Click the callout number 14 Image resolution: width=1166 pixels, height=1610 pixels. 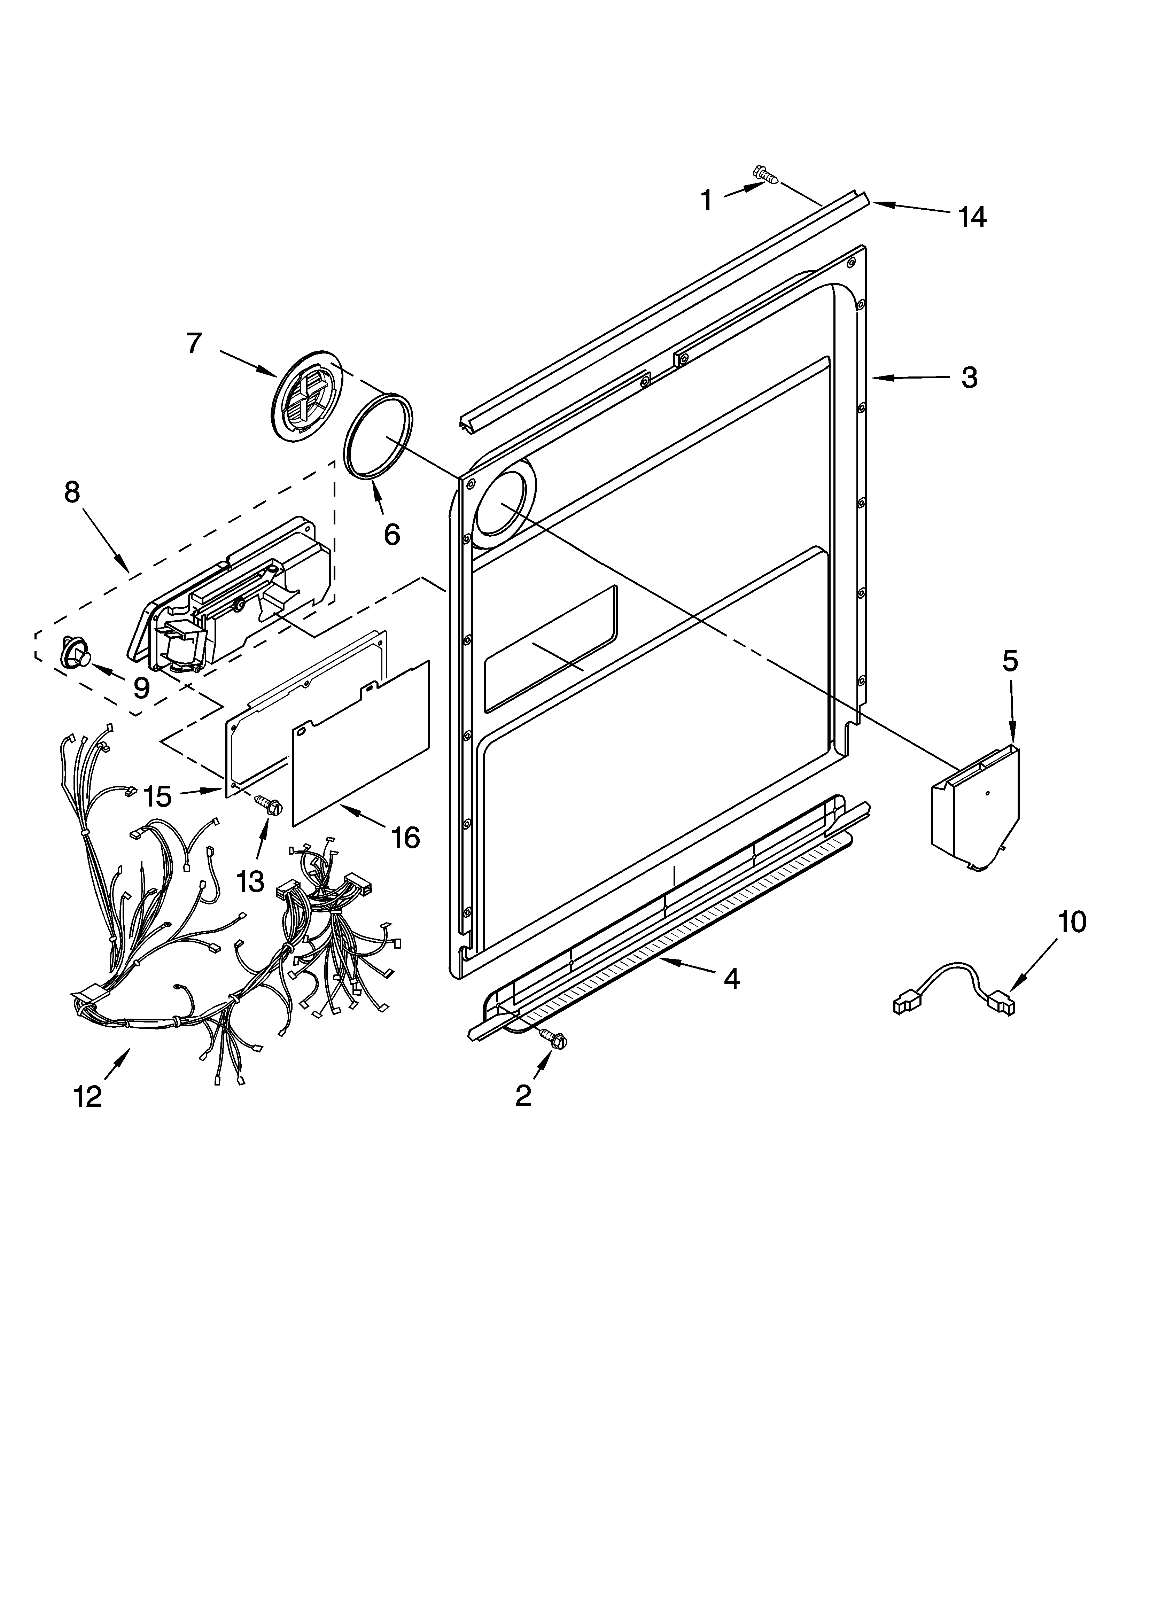click(x=971, y=217)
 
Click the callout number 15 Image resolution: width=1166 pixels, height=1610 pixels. click(x=158, y=796)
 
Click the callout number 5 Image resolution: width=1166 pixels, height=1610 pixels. click(x=1010, y=661)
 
